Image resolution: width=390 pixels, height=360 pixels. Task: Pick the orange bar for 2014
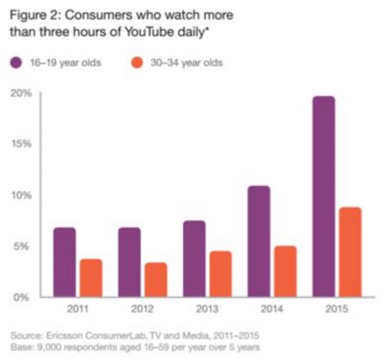coord(285,271)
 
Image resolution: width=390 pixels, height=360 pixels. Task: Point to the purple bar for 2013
coord(194,258)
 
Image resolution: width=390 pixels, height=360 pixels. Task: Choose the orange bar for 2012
coord(155,279)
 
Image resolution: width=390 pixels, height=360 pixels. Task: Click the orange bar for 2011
coord(90,277)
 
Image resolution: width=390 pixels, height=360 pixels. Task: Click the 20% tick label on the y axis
coord(20,93)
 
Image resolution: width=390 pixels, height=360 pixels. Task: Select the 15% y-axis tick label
coord(20,144)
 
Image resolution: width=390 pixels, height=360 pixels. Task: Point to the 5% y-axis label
coord(23,246)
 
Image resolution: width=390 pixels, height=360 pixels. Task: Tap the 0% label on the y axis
coord(23,297)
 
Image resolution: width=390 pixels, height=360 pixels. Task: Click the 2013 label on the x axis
coord(207,309)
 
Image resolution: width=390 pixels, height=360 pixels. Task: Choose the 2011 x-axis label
coord(77,309)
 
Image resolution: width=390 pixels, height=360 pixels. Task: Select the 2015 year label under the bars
coord(337,309)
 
